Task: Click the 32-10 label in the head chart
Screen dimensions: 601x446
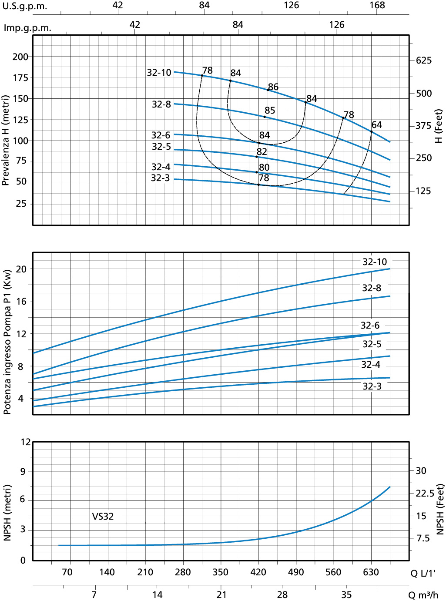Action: (159, 73)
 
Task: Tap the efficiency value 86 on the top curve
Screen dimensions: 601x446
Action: (273, 87)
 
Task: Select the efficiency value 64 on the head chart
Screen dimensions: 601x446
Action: (377, 125)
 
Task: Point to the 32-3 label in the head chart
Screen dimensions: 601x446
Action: (160, 178)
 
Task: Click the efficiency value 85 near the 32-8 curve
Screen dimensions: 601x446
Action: (270, 111)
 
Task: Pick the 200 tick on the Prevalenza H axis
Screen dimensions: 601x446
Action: (20, 57)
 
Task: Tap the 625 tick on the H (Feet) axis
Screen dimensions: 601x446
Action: (424, 60)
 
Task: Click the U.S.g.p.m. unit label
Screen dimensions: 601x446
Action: (25, 7)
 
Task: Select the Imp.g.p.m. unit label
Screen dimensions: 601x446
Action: (27, 28)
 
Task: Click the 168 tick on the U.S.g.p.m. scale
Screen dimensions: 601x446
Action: (377, 5)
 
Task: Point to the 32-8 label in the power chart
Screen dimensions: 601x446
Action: (372, 288)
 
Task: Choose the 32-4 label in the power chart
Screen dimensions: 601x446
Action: (371, 365)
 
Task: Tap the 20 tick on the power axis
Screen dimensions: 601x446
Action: (21, 269)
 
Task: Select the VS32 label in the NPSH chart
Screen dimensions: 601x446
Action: (103, 517)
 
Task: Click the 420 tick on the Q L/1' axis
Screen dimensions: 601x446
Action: (258, 572)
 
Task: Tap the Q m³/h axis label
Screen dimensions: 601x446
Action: (423, 595)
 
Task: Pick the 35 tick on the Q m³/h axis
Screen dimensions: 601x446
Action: (346, 595)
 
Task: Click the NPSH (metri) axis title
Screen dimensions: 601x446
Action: (7, 513)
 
